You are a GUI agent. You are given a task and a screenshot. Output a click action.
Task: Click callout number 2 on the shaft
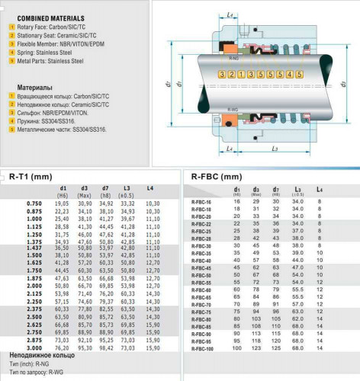[230, 75]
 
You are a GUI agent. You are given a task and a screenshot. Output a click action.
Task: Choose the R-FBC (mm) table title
[220, 176]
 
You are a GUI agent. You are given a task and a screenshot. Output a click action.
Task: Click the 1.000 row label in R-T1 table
[34, 219]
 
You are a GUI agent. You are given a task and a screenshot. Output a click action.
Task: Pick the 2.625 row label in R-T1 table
[34, 324]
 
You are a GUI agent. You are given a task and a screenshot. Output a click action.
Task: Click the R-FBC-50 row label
[201, 275]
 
